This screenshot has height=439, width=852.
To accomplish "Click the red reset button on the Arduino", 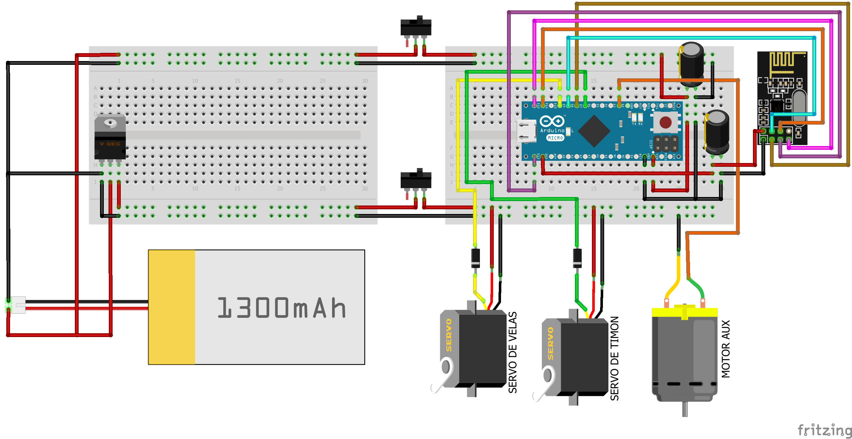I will pyautogui.click(x=665, y=122).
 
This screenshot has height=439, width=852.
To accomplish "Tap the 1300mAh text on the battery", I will pyautogui.click(x=281, y=308).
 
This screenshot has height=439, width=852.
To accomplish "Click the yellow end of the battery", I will pyautogui.click(x=171, y=307).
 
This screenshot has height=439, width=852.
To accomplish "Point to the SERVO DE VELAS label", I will pyautogui.click(x=513, y=352).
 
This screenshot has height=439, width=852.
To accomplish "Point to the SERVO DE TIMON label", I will pyautogui.click(x=615, y=358).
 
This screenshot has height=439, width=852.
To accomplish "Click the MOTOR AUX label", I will pyautogui.click(x=726, y=349).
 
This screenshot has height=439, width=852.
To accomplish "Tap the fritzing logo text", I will pyautogui.click(x=824, y=430).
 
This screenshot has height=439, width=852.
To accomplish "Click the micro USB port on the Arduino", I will pyautogui.click(x=526, y=131).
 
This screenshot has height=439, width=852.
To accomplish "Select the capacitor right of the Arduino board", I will pyautogui.click(x=717, y=132).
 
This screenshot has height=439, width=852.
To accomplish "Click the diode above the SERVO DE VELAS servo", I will pyautogui.click(x=475, y=258).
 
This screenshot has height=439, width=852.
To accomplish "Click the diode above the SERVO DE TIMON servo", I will pyautogui.click(x=577, y=258).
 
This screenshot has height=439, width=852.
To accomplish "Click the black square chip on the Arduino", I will pyautogui.click(x=594, y=131).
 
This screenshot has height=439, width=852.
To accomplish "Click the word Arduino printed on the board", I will pyautogui.click(x=552, y=131).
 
